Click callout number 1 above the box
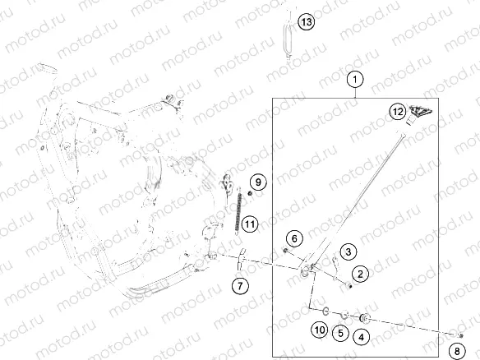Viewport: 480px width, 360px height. point(354,80)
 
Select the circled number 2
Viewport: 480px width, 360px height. point(359,272)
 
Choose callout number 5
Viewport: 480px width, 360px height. point(339,332)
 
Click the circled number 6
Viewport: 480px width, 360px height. point(294,238)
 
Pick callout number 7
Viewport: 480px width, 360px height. point(238,286)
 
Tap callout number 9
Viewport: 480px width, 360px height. point(256,182)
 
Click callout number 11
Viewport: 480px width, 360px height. point(250,223)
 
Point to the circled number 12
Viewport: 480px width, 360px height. point(397,110)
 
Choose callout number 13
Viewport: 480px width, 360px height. point(306,22)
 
